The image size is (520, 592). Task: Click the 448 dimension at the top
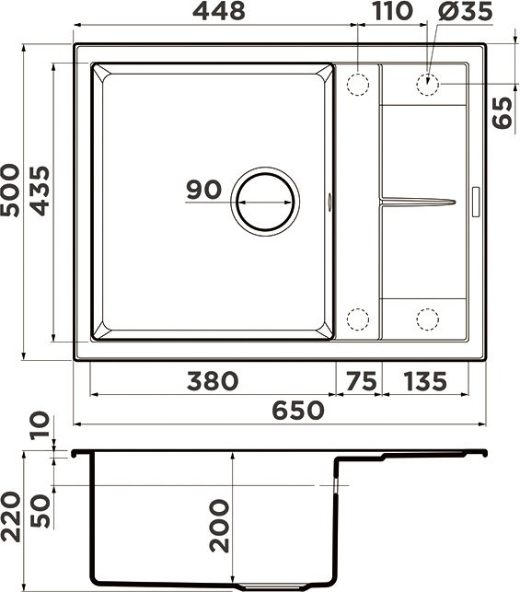(219, 12)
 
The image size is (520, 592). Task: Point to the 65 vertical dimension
(503, 110)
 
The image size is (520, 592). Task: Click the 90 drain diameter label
(203, 190)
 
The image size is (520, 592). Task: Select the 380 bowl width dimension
(213, 380)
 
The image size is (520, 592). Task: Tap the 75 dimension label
(361, 380)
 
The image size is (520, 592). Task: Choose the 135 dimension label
(424, 380)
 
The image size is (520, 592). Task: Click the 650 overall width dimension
(296, 410)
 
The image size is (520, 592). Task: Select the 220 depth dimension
(11, 517)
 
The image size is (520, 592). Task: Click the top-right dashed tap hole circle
(426, 84)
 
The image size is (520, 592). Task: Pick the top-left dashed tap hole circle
(357, 84)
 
